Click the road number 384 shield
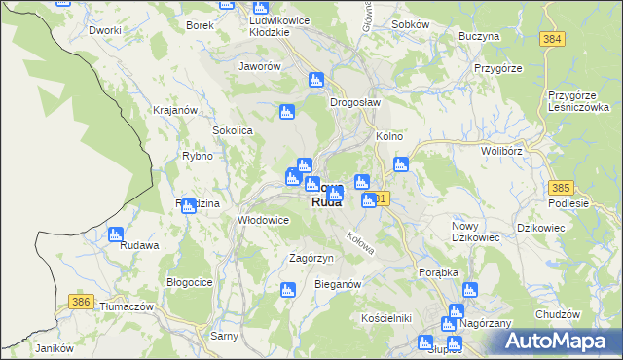(x=553, y=38)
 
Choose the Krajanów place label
(x=175, y=110)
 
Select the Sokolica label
(x=233, y=129)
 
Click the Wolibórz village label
(x=502, y=152)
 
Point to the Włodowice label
(x=264, y=220)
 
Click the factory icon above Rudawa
(x=116, y=234)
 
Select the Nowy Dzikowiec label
(x=476, y=231)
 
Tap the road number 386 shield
(x=82, y=303)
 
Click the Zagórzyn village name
(x=311, y=258)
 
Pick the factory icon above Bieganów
(x=288, y=289)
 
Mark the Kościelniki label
(x=386, y=318)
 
